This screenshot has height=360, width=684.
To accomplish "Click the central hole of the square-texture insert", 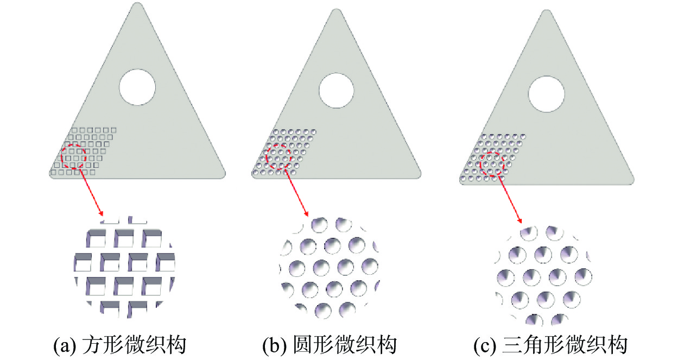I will click(x=137, y=87).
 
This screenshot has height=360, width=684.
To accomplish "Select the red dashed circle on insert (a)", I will click(x=73, y=156).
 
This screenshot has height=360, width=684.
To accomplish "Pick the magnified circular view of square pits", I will click(x=124, y=267).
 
